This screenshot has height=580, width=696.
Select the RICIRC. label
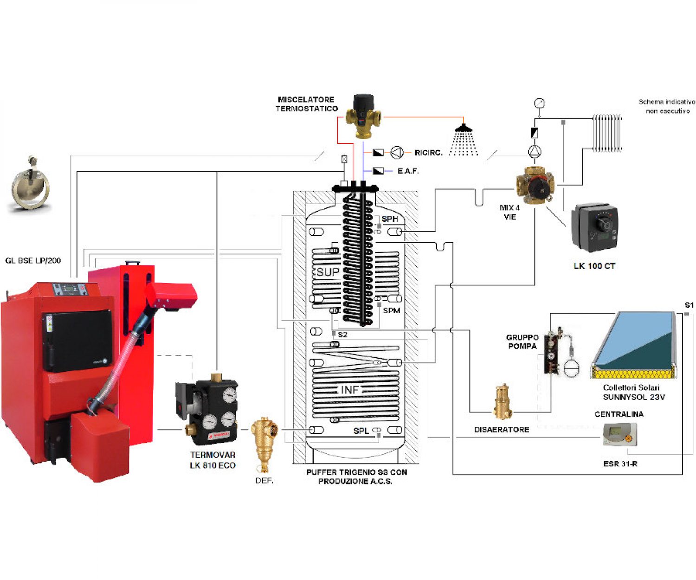pyautogui.click(x=428, y=153)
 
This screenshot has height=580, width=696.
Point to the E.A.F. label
pyautogui.click(x=408, y=171)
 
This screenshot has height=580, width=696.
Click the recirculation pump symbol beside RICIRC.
pyautogui.click(x=397, y=152)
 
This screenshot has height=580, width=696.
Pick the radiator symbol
pyautogui.click(x=606, y=134)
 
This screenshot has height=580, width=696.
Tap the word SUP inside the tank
pyautogui.click(x=328, y=272)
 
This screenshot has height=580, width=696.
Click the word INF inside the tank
pyautogui.click(x=349, y=390)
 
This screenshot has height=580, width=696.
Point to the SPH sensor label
pyautogui.click(x=390, y=219)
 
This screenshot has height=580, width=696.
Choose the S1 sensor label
pyautogui.click(x=689, y=305)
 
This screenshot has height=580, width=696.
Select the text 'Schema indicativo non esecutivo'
pyautogui.click(x=667, y=106)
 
